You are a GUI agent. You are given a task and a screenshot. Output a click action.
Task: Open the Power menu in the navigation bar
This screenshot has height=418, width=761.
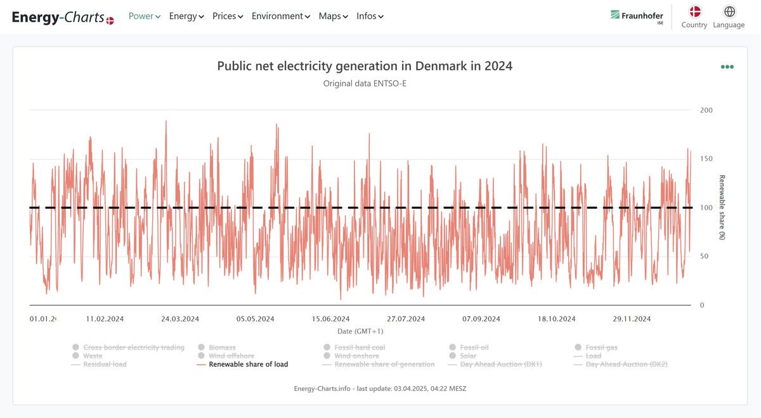pos(144,16)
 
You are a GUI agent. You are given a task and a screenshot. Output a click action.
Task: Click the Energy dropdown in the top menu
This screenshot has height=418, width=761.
pos(186,16)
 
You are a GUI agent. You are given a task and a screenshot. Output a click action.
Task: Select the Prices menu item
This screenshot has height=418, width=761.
pos(227,16)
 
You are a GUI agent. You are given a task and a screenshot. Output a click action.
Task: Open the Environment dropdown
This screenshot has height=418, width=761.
pos(280,16)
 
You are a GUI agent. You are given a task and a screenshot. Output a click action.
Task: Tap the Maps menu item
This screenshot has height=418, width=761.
pos(333,16)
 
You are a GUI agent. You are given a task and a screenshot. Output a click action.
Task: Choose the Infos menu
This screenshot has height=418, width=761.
pos(370,16)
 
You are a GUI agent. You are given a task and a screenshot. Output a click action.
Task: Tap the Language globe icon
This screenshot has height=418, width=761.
pos(729,12)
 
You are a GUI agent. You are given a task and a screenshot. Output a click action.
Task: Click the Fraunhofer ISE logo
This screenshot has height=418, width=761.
pos(637,16)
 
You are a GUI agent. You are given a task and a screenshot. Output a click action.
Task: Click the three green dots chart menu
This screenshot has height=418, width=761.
pos(727,67)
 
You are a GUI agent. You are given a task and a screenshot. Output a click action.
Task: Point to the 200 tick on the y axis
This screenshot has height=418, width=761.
pos(706,110)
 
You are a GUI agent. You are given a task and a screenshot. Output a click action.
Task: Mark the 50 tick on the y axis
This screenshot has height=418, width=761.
pos(704,256)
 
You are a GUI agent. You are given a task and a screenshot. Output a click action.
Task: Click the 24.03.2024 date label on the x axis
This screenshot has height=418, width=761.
pos(180,319)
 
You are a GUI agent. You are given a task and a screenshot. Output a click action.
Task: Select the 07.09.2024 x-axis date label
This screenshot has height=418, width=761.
pos(481,319)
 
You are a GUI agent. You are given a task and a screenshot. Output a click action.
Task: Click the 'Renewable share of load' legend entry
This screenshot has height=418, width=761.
pos(248,365)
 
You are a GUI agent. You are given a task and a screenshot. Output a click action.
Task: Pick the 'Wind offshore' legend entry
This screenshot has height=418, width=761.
pos(231,356)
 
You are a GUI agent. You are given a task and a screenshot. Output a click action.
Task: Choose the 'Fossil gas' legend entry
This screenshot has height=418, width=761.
pos(601,348)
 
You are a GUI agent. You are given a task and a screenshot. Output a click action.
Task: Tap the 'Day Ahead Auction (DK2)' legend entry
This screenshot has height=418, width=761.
pos(626,365)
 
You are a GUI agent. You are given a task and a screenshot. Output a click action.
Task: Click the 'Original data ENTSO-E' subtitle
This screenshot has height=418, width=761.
pos(365,83)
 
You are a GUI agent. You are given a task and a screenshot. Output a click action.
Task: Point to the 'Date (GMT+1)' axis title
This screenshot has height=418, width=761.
pos(360,331)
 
